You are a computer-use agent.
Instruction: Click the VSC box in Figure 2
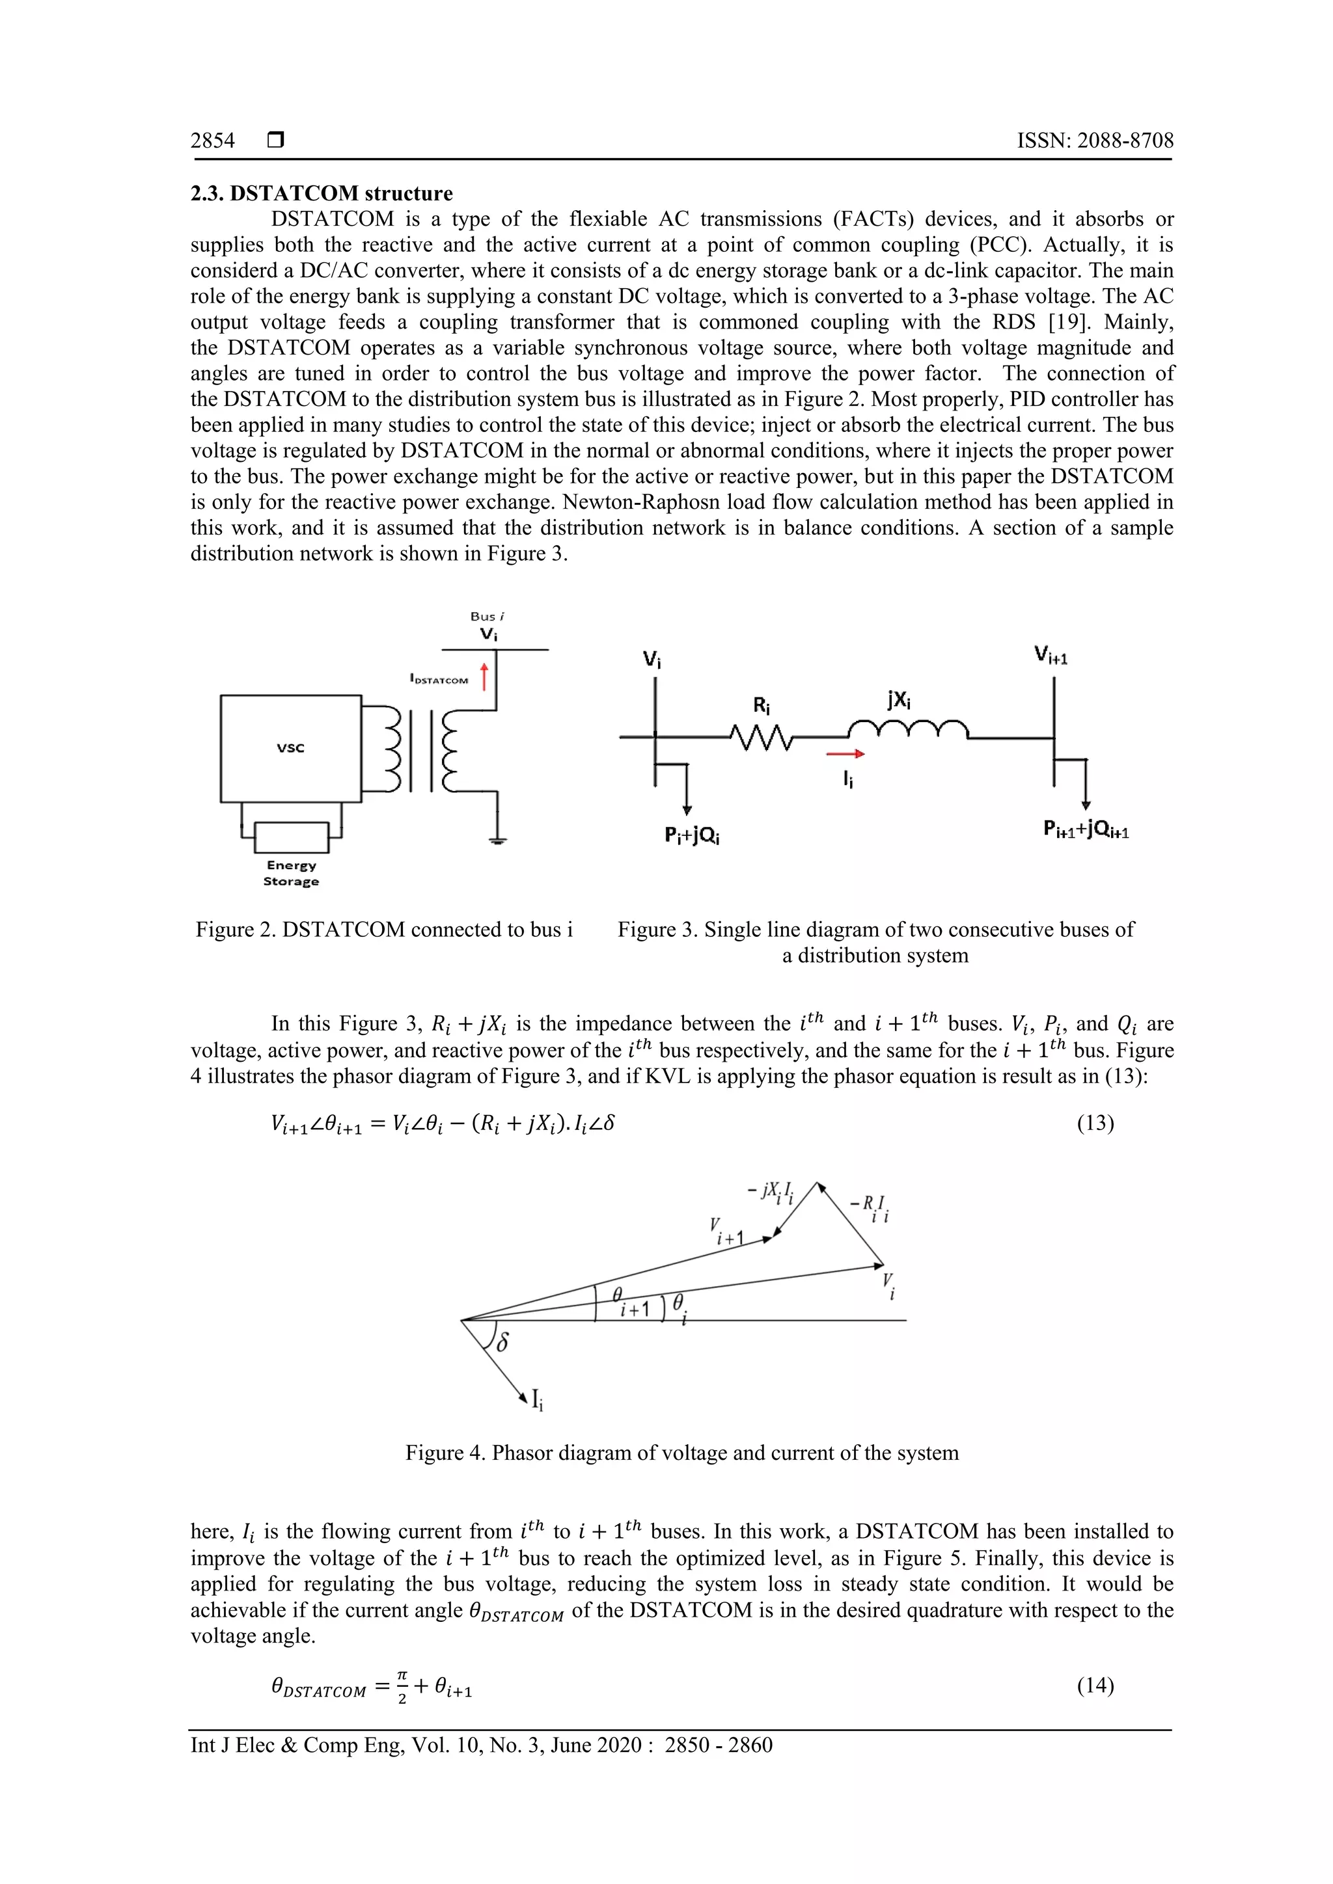tap(290, 747)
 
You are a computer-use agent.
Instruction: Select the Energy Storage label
tap(290, 873)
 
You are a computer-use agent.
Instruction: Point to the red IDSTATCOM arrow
tap(484, 677)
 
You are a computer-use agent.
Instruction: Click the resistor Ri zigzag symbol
tap(761, 739)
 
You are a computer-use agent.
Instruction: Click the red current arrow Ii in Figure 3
tap(845, 753)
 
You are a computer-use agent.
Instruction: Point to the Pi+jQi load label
tap(692, 835)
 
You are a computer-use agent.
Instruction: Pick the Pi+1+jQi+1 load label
tap(1085, 829)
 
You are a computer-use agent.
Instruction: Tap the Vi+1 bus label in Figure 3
tap(1051, 655)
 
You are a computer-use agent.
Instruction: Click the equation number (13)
tap(1095, 1122)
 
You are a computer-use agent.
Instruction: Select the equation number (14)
tap(1095, 1686)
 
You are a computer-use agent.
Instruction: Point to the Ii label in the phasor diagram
tap(538, 1400)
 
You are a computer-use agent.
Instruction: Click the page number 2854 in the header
tap(213, 141)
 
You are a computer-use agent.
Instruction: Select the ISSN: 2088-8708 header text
tap(1095, 141)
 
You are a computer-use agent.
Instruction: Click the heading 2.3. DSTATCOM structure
tap(321, 194)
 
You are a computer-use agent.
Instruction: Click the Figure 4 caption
tap(681, 1453)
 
